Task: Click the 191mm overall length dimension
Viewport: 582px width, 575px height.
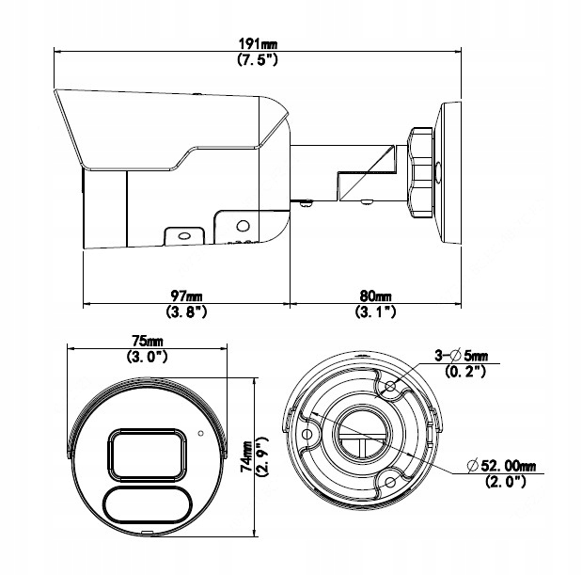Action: click(256, 44)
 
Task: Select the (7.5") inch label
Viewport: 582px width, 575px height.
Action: click(256, 59)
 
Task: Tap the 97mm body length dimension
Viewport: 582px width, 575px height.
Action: click(185, 295)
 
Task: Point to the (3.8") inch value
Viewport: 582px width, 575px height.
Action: click(185, 311)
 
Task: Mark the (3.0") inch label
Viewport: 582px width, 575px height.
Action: click(146, 356)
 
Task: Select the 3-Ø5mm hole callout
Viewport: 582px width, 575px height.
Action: click(461, 355)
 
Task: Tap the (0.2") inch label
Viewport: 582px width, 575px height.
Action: click(461, 371)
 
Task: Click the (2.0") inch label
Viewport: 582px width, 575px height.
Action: click(504, 482)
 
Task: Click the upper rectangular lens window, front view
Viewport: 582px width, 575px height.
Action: click(146, 452)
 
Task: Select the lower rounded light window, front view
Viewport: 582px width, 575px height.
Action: click(146, 506)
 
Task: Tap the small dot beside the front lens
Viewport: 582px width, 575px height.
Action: click(200, 434)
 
